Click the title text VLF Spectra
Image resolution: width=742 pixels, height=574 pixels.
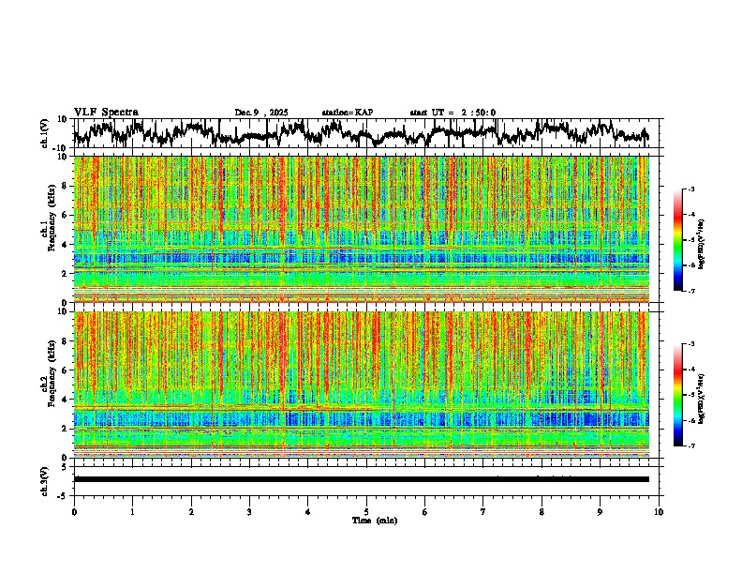(106, 112)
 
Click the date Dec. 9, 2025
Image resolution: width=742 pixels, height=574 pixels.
(263, 113)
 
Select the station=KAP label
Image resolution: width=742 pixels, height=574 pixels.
(347, 113)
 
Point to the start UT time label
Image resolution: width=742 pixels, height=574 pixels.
(453, 113)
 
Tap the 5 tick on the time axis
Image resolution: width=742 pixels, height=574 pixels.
(367, 512)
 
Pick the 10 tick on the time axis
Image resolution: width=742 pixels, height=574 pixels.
(660, 512)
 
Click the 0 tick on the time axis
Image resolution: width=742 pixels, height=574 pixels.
(74, 512)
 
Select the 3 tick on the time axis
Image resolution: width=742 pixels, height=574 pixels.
(250, 512)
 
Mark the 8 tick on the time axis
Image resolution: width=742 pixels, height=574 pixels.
(542, 512)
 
